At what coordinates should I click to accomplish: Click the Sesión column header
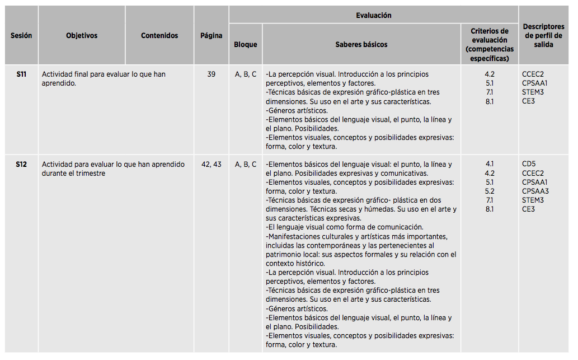[21, 35]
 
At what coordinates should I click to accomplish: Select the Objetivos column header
[82, 35]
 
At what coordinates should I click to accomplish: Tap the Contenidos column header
[159, 35]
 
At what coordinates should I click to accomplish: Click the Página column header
[212, 35]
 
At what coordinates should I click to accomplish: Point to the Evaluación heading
[374, 15]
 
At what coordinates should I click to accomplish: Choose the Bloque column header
[246, 44]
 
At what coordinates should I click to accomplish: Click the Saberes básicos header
[361, 44]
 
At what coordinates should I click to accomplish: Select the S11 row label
[21, 74]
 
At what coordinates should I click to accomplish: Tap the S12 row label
[21, 164]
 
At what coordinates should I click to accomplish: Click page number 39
[211, 74]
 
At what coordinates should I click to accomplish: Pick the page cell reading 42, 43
[211, 164]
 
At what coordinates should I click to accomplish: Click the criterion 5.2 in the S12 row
[490, 191]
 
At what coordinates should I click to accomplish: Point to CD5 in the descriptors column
[529, 164]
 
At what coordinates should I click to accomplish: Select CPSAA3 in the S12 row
[536, 191]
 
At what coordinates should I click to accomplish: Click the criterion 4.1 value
[490, 164]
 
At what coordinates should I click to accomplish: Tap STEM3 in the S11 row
[533, 92]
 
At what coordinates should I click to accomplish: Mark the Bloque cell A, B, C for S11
[246, 74]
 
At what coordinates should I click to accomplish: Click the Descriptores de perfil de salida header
[543, 35]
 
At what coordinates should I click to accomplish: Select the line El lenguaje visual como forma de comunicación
[344, 227]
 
